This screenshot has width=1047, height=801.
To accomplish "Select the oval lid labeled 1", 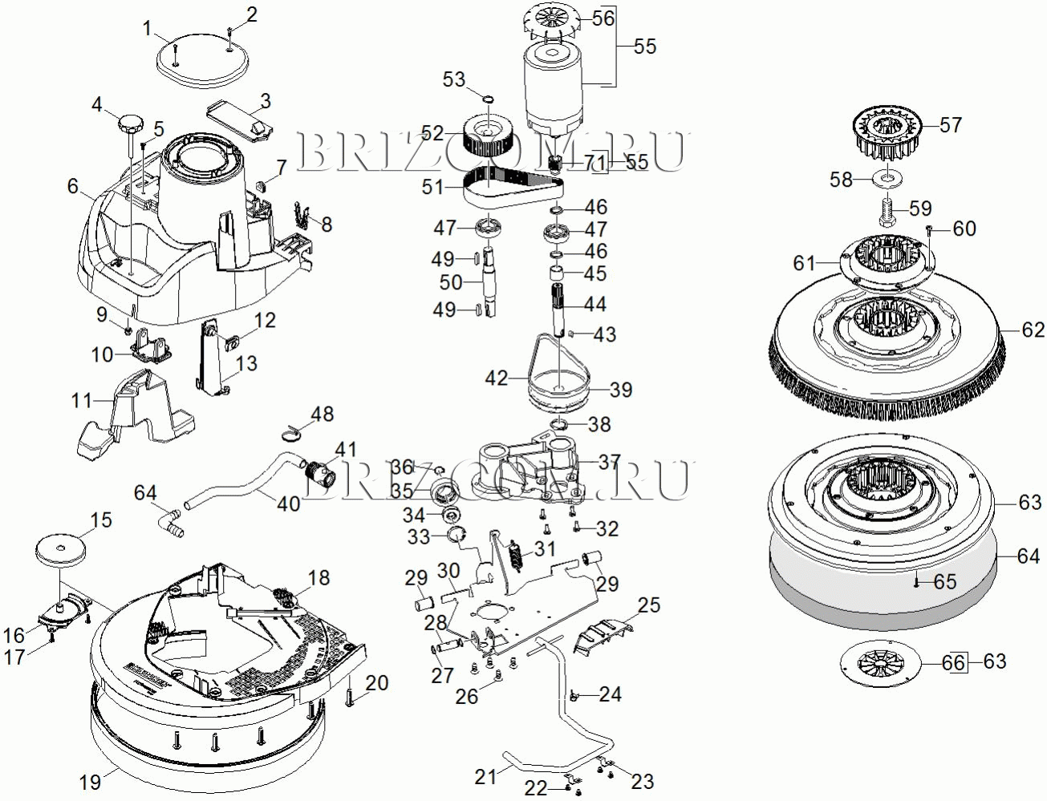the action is [x=203, y=61].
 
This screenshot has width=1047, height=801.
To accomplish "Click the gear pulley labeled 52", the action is [x=487, y=134].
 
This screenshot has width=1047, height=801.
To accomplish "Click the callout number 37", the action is [x=608, y=462].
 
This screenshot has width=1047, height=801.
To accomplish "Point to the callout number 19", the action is [x=90, y=782].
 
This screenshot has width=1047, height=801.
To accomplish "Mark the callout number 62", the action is [x=1033, y=330].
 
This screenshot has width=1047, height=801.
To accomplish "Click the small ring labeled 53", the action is [x=488, y=99].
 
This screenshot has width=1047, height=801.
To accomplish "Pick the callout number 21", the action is [x=485, y=776].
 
